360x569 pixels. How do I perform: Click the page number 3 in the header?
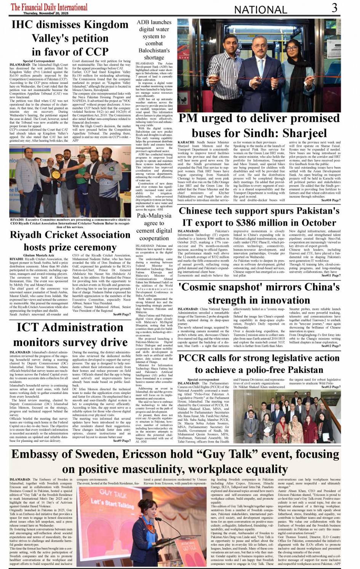point(334,8)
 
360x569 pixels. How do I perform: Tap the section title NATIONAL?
point(261,10)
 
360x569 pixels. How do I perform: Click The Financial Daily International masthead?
point(49,7)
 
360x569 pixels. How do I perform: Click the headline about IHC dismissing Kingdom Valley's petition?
point(70,38)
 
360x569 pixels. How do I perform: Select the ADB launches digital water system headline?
point(154,40)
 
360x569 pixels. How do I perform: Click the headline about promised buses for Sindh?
point(259,125)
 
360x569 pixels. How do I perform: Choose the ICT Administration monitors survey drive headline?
point(70,334)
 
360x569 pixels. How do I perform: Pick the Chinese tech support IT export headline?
point(259,216)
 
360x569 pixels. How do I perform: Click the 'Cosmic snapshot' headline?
point(259,293)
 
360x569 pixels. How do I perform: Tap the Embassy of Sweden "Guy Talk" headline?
point(175,461)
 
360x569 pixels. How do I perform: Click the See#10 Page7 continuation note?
point(331,200)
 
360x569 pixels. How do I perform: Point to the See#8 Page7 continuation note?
point(122,315)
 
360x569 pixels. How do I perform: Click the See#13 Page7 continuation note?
point(331,387)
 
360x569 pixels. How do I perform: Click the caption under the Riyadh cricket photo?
point(70,224)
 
